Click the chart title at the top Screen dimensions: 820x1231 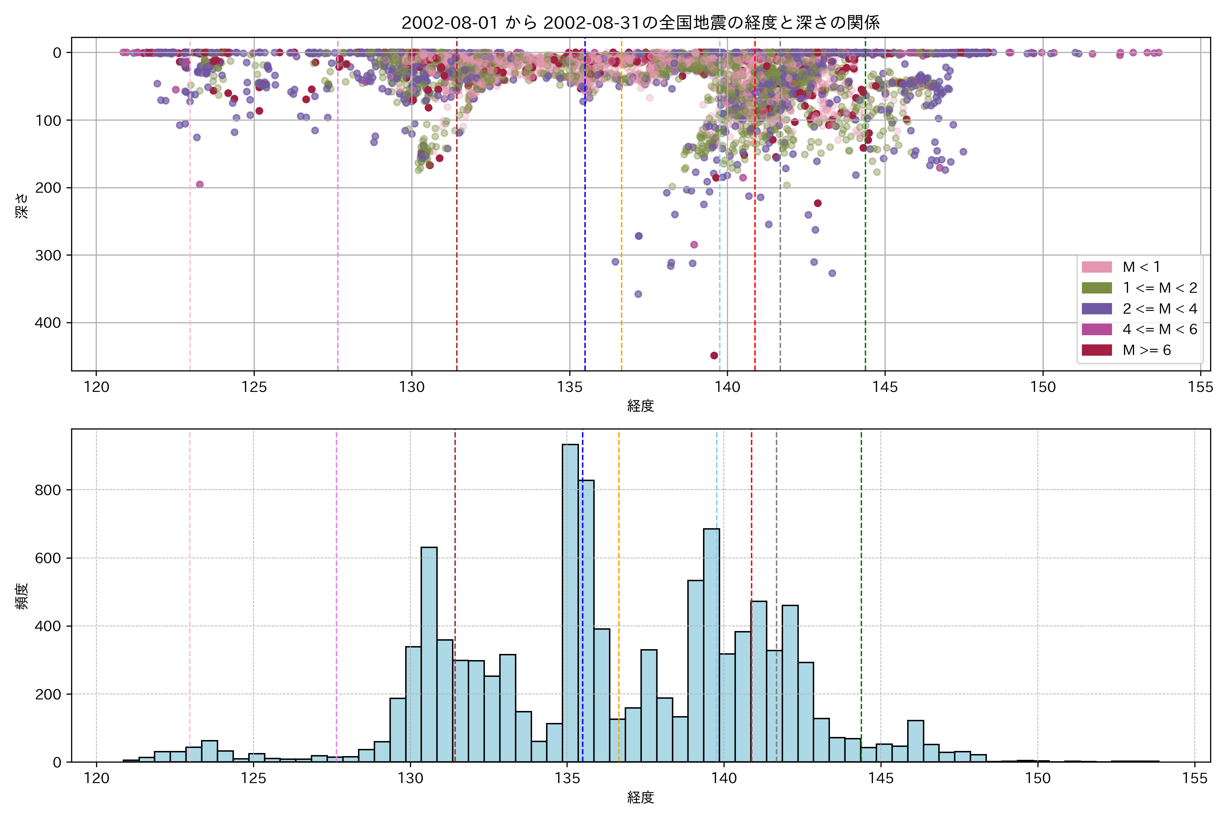640,23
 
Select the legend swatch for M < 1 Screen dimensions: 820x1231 1097,267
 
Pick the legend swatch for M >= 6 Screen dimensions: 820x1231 1097,350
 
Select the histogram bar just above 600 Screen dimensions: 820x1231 429,654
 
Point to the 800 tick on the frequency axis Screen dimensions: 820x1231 48,490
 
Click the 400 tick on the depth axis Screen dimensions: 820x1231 48,323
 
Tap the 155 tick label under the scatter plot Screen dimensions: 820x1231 1200,387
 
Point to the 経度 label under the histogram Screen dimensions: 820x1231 640,797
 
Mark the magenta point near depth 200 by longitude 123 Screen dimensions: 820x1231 199,184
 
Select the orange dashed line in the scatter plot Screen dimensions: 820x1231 621,209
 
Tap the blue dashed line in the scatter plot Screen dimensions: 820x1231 585,209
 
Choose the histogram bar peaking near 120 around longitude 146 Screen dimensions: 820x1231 915,741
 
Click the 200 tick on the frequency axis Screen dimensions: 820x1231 48,694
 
